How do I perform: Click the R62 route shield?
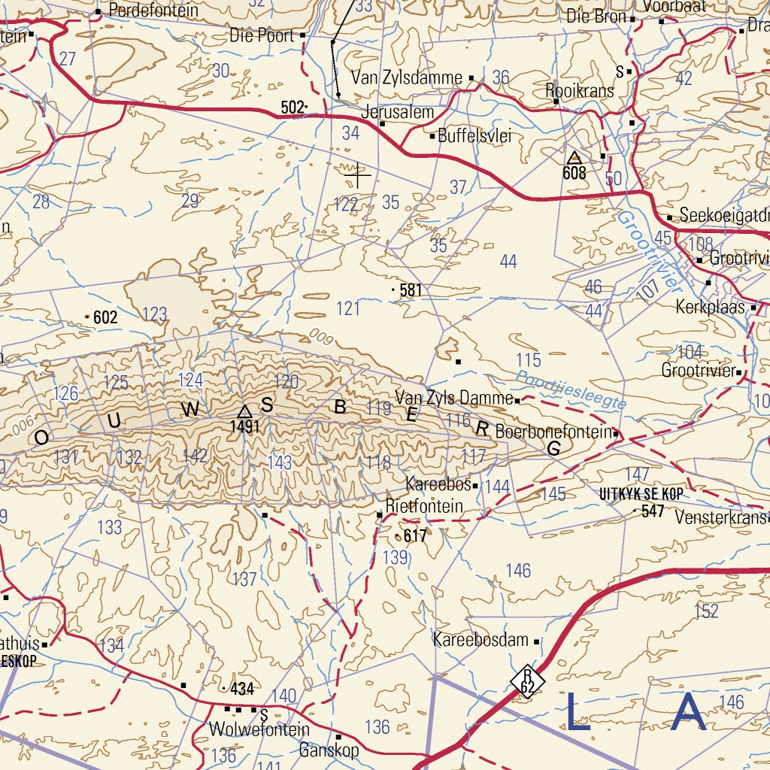528,681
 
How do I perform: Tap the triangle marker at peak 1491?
244,412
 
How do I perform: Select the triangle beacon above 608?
574,157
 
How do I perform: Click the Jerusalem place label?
398,113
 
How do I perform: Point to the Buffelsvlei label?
474,136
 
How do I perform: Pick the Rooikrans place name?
579,90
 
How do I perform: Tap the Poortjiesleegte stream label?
571,390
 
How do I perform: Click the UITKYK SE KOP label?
641,494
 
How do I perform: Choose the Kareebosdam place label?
481,641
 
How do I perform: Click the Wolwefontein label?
259,729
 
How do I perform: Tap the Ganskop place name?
329,750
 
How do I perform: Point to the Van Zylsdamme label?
407,77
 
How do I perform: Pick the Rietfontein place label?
424,506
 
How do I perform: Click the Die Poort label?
262,35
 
